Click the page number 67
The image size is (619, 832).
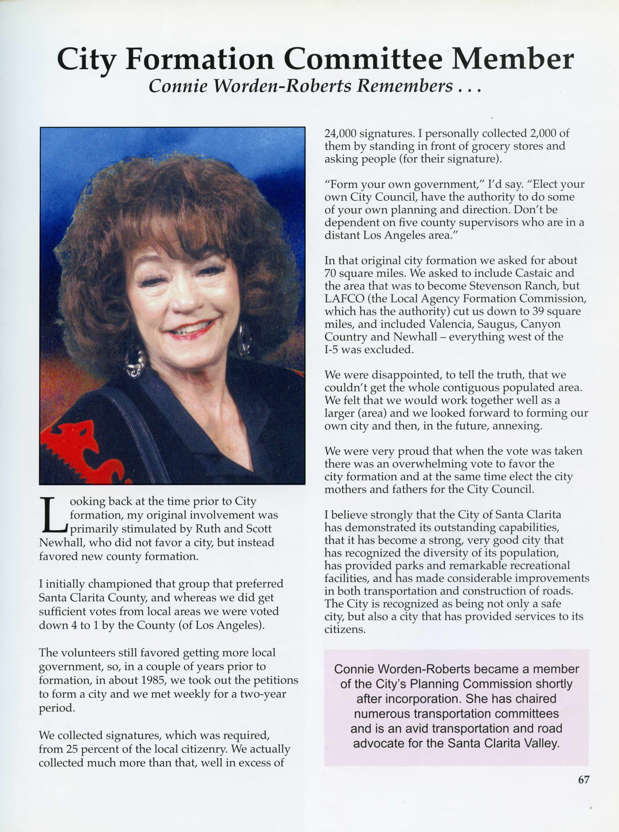point(583,780)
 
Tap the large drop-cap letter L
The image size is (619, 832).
point(54,515)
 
